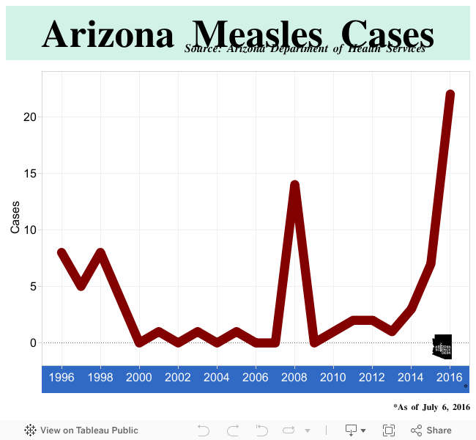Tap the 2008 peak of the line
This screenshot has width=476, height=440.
click(294, 185)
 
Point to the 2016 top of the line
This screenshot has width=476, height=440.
click(450, 95)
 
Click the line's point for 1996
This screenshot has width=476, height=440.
click(62, 253)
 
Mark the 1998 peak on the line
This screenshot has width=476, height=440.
click(100, 253)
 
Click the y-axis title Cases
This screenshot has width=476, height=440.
click(15, 219)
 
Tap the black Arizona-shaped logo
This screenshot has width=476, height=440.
click(442, 345)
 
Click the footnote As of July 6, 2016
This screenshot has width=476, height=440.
click(431, 406)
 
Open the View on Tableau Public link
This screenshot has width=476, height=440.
click(81, 430)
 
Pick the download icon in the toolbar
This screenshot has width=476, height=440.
click(352, 430)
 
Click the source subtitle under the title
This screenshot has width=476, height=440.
click(305, 49)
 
